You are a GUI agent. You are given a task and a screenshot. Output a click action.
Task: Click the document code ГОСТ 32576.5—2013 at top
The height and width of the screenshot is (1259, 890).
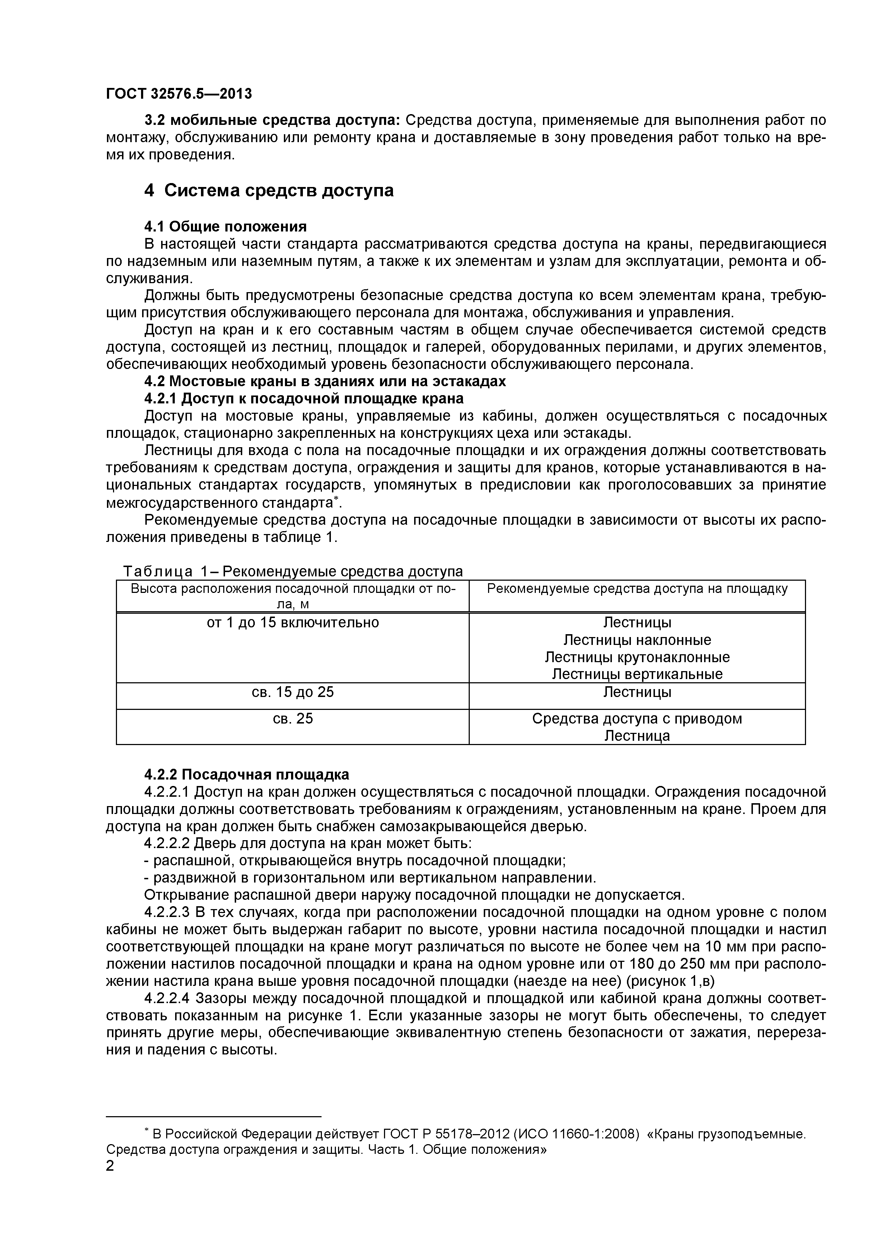click(x=179, y=94)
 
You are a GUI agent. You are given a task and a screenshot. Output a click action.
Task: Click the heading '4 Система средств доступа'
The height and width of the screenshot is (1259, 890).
click(x=269, y=190)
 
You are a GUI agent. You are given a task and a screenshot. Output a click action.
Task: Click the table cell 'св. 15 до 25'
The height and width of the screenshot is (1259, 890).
click(x=293, y=692)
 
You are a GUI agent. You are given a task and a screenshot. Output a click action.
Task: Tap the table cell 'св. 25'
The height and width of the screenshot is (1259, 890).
click(x=293, y=719)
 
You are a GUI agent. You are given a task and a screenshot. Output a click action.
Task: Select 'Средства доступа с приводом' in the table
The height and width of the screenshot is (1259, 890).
click(x=637, y=719)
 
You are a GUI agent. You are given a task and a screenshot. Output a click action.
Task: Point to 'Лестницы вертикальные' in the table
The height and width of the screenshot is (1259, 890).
click(x=637, y=674)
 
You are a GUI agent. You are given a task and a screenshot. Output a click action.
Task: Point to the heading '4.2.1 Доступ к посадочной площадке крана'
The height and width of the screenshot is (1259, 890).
click(x=304, y=398)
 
